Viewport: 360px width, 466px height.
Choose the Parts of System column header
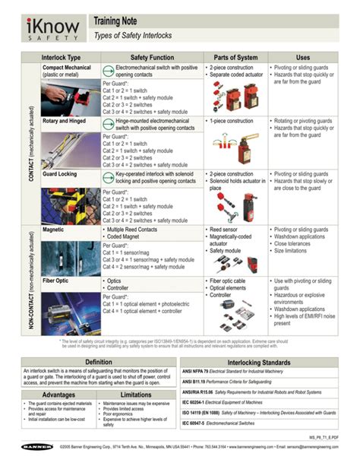(235, 58)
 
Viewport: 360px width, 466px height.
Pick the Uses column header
(302, 58)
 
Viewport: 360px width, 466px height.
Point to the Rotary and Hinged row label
(66, 120)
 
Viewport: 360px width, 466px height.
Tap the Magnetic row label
(52, 229)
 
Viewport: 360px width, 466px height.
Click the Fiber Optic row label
(56, 281)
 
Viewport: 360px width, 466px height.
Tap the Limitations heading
(137, 395)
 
